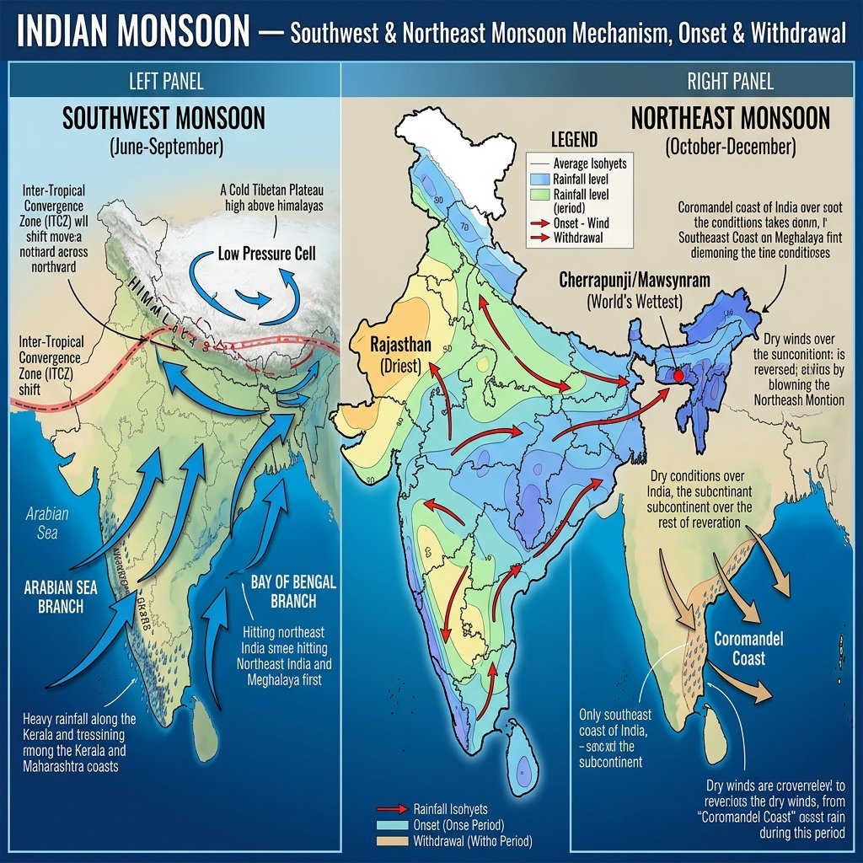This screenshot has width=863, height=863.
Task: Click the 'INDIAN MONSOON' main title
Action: click(133, 33)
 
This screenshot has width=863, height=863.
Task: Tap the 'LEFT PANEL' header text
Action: click(166, 82)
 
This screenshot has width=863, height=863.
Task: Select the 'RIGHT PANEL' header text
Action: click(731, 82)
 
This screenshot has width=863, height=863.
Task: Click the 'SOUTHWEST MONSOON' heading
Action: click(163, 118)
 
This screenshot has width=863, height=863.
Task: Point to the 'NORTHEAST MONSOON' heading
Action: click(731, 118)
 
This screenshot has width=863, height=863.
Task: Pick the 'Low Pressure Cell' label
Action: click(266, 253)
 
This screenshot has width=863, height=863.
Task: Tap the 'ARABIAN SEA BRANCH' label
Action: click(54, 596)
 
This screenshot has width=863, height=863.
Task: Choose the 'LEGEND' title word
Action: click(574, 140)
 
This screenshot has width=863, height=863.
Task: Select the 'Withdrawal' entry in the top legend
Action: click(580, 238)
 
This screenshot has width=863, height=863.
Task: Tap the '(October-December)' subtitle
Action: click(730, 147)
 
